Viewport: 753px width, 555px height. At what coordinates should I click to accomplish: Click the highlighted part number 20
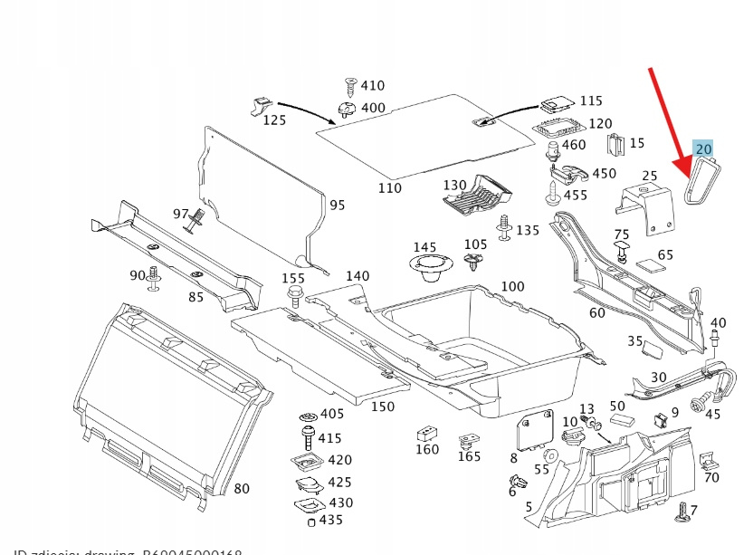point(703,148)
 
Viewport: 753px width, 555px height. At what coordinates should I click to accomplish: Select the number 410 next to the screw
point(372,86)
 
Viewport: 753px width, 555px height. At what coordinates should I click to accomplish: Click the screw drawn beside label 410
point(348,86)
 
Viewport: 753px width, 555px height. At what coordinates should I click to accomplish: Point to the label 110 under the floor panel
point(389,188)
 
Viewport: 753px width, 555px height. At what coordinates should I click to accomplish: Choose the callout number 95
point(337,206)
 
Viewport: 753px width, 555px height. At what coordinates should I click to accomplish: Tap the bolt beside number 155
point(294,293)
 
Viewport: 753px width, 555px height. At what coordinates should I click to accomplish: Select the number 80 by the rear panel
point(242,489)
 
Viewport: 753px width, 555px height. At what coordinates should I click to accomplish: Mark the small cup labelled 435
point(311,522)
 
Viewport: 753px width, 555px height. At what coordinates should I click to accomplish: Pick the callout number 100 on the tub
point(512,287)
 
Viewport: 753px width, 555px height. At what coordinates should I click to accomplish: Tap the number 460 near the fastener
point(574,145)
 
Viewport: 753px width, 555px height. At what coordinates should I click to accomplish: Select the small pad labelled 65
point(649,265)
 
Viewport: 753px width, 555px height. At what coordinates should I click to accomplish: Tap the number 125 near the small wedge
point(274,120)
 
